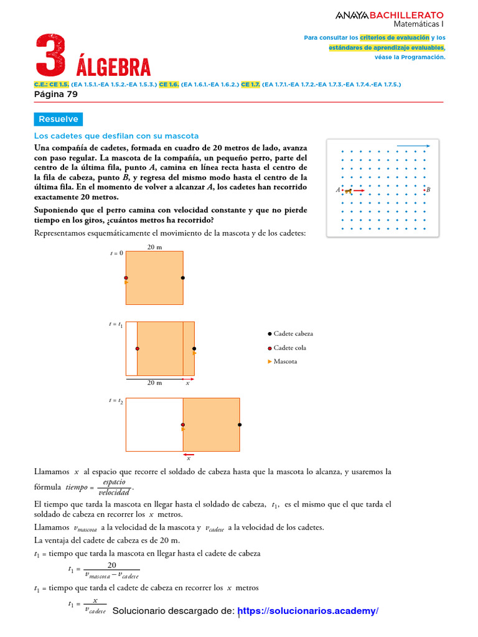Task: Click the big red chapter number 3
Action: [x=50, y=57]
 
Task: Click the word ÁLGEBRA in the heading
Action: [x=113, y=67]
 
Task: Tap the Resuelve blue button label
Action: [x=58, y=119]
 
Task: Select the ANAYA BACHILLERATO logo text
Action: [x=390, y=14]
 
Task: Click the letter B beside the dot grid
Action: [x=428, y=190]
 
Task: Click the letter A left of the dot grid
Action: [x=337, y=190]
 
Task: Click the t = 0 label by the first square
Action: [x=116, y=253]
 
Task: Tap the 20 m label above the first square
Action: [x=154, y=247]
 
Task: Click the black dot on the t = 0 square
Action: [x=183, y=277]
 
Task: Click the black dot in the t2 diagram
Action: [x=240, y=425]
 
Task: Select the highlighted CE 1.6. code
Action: [x=169, y=84]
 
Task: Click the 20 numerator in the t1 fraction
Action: [x=112, y=565]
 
